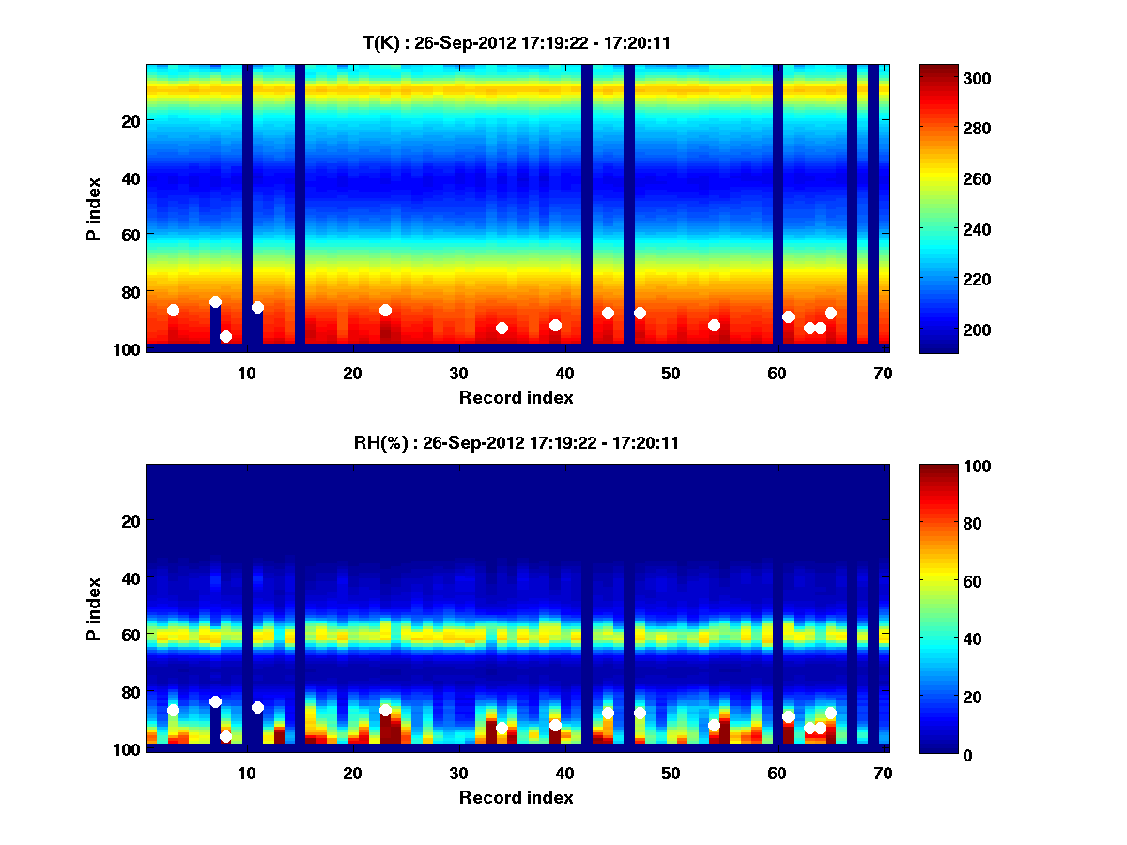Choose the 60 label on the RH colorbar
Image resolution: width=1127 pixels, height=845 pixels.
[x=940, y=582]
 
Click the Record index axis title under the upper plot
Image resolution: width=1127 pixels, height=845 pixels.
[x=516, y=397]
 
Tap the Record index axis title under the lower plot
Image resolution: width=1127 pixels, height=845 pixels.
[x=516, y=797]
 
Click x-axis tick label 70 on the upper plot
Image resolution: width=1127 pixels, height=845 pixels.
[x=882, y=373]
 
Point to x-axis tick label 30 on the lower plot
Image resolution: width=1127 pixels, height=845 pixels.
[x=458, y=773]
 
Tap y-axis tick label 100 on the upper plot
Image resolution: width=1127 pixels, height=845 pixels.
[x=129, y=349]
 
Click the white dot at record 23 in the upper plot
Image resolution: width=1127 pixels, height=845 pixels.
[x=385, y=310]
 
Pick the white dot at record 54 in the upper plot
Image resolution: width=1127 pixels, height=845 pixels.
[x=714, y=325]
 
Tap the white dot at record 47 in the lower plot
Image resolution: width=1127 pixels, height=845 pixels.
[x=640, y=713]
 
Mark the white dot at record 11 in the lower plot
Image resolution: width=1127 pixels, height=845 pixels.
[x=257, y=707]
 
